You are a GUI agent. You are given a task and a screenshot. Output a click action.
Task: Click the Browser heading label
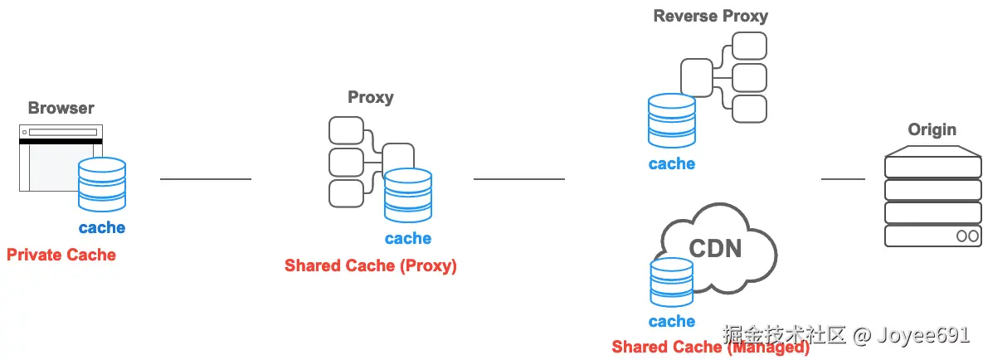(61, 108)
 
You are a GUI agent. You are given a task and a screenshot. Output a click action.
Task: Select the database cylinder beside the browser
(101, 184)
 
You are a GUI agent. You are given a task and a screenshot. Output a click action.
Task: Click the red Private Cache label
(61, 255)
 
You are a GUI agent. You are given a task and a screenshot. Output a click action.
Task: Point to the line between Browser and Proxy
(205, 178)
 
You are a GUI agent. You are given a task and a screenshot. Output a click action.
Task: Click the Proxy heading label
(370, 97)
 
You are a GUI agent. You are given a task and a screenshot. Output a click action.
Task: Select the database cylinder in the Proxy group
(407, 196)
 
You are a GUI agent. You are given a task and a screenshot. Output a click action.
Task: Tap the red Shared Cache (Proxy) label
(370, 265)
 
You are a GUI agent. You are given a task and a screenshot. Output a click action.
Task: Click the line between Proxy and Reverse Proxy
(518, 178)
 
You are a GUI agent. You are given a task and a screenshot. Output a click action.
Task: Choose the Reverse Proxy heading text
(710, 16)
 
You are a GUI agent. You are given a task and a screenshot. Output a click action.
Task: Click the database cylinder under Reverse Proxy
(671, 121)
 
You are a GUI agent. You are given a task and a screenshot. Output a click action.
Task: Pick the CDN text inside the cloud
(715, 248)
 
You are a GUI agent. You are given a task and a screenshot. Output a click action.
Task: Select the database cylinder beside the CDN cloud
(671, 283)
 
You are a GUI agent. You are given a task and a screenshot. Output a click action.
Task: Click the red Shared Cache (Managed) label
(710, 348)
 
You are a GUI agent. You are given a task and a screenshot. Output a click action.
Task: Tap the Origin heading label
(932, 129)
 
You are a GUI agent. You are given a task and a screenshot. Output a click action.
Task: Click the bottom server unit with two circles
(932, 236)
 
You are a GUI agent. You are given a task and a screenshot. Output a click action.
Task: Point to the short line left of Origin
(843, 178)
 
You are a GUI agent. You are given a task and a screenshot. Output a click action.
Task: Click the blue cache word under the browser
(101, 227)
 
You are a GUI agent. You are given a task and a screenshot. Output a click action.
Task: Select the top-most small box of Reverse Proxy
(749, 46)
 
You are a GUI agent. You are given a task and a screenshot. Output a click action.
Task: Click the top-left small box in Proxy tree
(346, 130)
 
